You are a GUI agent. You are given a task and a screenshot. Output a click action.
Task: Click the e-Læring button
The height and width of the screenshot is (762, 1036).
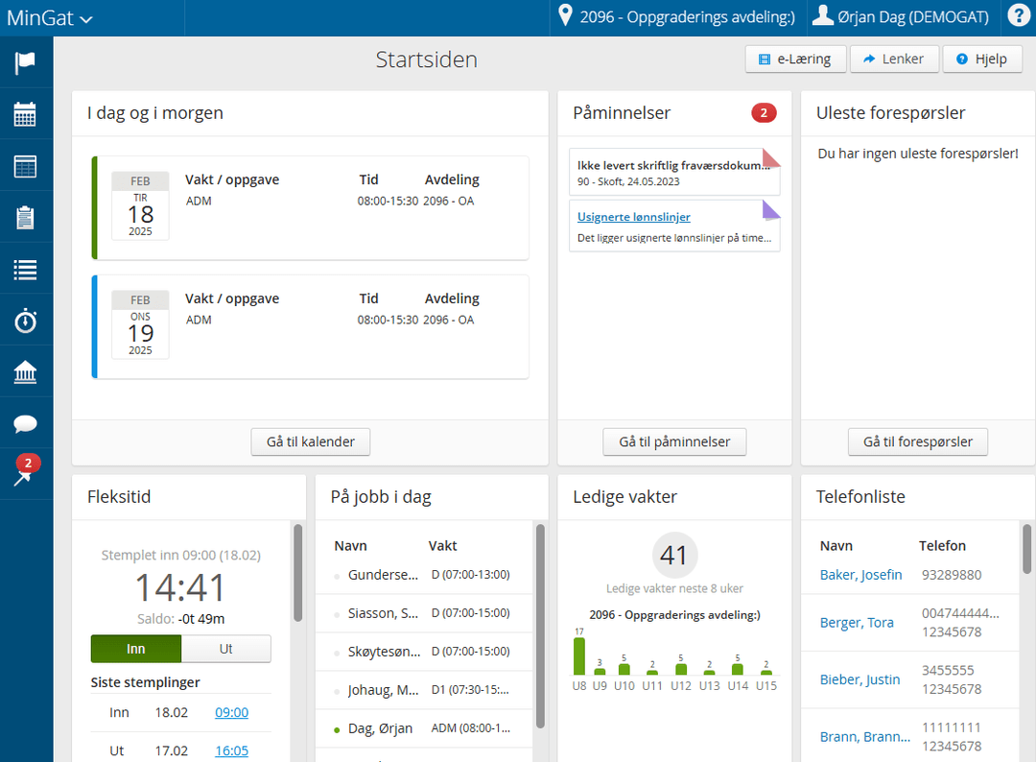pyautogui.click(x=794, y=59)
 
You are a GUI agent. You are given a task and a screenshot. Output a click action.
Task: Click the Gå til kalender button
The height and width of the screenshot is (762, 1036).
pyautogui.click(x=310, y=441)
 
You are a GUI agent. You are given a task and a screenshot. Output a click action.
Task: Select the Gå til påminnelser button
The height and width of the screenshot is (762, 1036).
pyautogui.click(x=674, y=441)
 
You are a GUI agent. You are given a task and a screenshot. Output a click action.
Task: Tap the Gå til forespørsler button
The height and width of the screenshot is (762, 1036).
pyautogui.click(x=918, y=441)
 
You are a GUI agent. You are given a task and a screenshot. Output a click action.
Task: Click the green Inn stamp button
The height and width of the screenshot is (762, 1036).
pyautogui.click(x=136, y=649)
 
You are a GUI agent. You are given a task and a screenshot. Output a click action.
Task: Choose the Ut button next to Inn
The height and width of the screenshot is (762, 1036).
pyautogui.click(x=226, y=649)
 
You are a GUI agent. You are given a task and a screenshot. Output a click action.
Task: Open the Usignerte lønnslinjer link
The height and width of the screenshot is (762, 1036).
pyautogui.click(x=633, y=217)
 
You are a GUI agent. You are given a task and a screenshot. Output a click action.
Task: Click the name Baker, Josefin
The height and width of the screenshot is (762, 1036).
pyautogui.click(x=860, y=575)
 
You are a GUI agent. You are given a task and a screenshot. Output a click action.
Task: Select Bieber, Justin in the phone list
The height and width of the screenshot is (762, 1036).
pyautogui.click(x=859, y=679)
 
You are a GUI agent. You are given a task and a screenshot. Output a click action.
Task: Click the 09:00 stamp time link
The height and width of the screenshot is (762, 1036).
pyautogui.click(x=231, y=712)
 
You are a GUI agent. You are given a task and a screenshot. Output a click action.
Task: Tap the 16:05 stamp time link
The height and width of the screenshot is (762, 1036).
pyautogui.click(x=231, y=750)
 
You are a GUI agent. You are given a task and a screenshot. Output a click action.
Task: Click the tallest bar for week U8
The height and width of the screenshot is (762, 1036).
pyautogui.click(x=579, y=655)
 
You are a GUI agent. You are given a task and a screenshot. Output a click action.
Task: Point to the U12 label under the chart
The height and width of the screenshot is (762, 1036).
pyautogui.click(x=681, y=685)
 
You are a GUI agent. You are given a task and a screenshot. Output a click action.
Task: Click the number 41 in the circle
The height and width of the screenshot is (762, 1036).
pyautogui.click(x=674, y=555)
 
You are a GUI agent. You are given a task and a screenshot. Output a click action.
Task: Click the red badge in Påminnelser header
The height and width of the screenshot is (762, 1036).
pyautogui.click(x=764, y=113)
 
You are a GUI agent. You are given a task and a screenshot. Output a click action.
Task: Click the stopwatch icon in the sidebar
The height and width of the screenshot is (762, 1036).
pyautogui.click(x=26, y=321)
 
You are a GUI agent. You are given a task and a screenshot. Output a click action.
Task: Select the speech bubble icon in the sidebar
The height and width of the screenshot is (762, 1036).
pyautogui.click(x=26, y=424)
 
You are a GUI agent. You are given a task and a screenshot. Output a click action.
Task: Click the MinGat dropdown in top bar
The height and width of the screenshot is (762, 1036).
pyautogui.click(x=50, y=17)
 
